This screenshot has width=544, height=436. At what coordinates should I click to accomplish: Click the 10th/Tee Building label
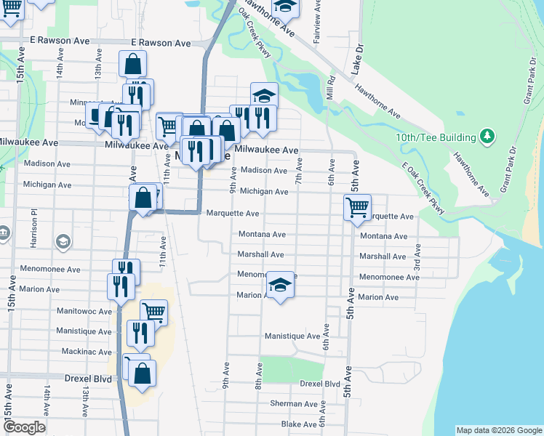(x=436, y=137)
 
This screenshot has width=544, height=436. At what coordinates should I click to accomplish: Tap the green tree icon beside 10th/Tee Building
(x=487, y=137)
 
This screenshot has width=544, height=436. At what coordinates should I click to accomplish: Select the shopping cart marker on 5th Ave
(x=357, y=207)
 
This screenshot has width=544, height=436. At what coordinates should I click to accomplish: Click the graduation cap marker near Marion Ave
(x=279, y=285)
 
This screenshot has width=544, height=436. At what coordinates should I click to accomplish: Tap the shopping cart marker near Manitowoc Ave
(x=153, y=312)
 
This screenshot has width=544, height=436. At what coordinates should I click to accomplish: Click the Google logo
(x=24, y=427)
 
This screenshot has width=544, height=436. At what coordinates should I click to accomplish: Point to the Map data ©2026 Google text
(x=499, y=430)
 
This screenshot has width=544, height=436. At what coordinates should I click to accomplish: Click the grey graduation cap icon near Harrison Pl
(x=63, y=241)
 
